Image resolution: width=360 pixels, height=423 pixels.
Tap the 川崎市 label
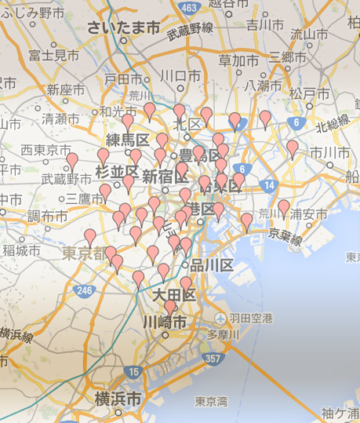(165, 323)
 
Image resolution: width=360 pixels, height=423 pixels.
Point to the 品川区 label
(212, 265)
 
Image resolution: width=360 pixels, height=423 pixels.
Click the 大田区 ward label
(173, 295)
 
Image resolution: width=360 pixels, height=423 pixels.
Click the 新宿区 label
(165, 177)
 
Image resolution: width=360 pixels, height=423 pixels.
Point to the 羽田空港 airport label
(251, 318)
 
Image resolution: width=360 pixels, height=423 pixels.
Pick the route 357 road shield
(210, 359)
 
